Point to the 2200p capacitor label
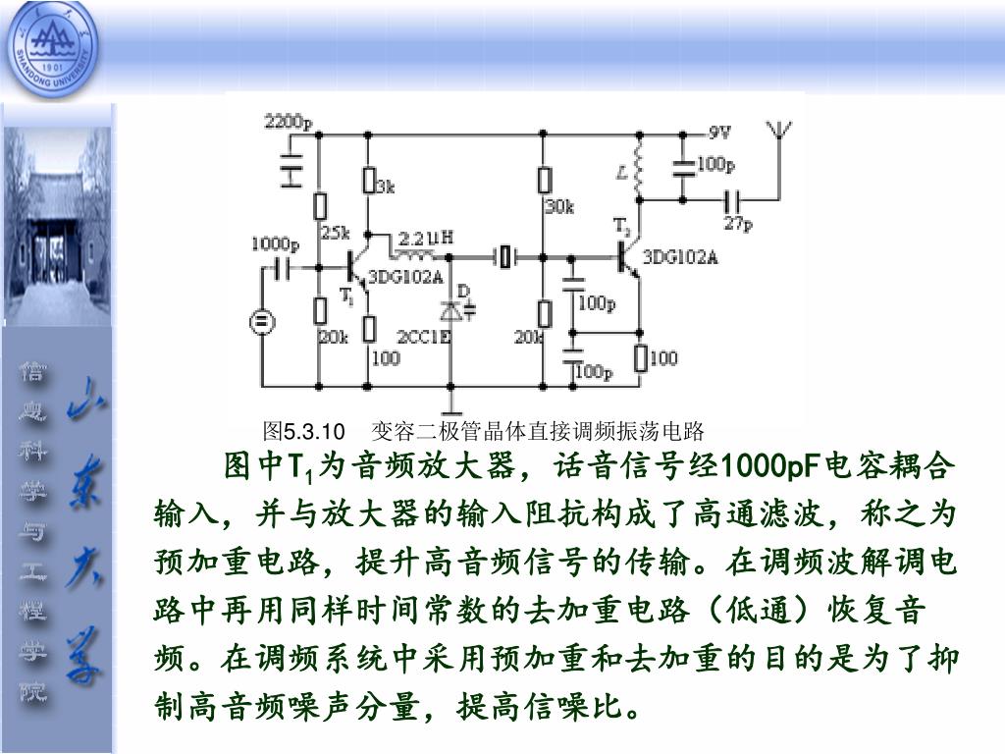(288, 123)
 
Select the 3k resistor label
(386, 187)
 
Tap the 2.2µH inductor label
(425, 237)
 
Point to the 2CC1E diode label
(423, 337)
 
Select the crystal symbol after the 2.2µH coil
(504, 257)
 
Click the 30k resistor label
(559, 207)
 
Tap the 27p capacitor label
(738, 225)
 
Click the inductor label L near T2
(621, 173)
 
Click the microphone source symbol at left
(261, 322)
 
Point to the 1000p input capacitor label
(275, 243)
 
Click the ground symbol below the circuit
(450, 404)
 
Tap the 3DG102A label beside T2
(680, 258)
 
